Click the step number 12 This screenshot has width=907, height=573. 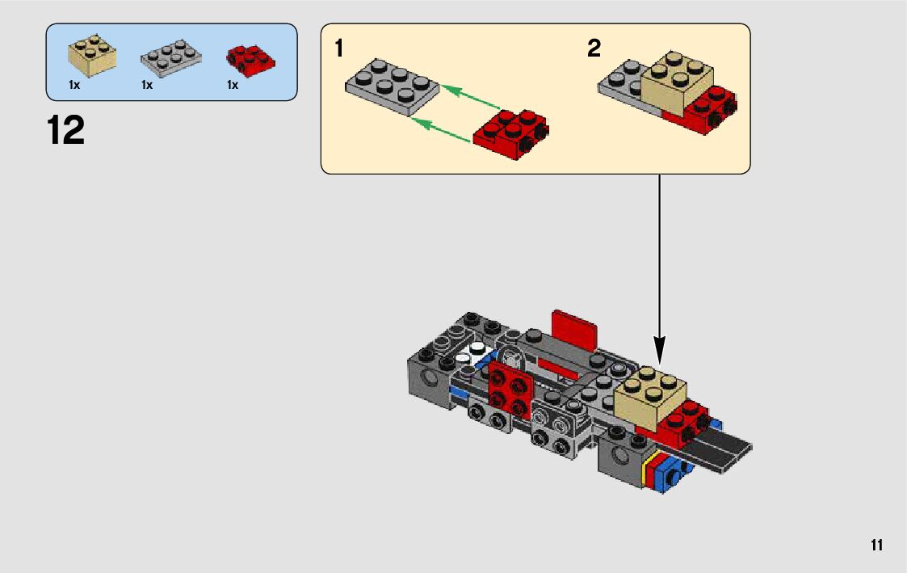click(x=66, y=130)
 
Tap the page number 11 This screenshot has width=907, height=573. click(x=876, y=546)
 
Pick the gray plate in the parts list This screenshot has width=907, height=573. click(x=171, y=59)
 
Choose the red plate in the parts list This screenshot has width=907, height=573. click(x=250, y=60)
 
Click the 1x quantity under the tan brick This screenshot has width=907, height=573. click(x=74, y=85)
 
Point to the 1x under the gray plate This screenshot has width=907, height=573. click(x=147, y=85)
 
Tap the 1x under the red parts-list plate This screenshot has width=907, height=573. click(x=232, y=85)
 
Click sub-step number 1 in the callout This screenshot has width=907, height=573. click(x=339, y=48)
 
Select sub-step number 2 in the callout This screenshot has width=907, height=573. click(x=594, y=48)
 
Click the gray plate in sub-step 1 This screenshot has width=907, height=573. click(x=393, y=86)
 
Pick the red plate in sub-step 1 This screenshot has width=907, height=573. click(x=510, y=133)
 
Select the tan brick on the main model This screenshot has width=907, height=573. click(x=649, y=398)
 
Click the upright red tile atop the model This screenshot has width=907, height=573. click(x=574, y=331)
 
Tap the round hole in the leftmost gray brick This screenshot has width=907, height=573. click(x=430, y=379)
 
